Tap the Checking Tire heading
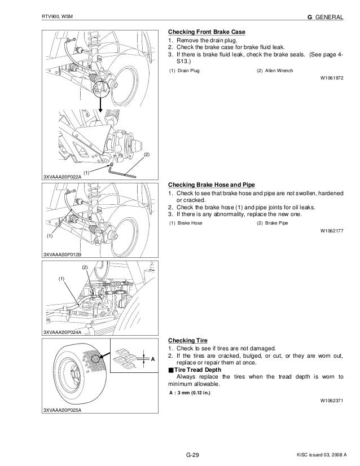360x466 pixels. click(188, 340)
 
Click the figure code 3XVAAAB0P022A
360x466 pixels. click(63, 177)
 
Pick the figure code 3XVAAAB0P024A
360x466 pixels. click(63, 332)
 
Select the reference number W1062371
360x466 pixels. click(331, 402)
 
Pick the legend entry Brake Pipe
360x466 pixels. click(274, 223)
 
